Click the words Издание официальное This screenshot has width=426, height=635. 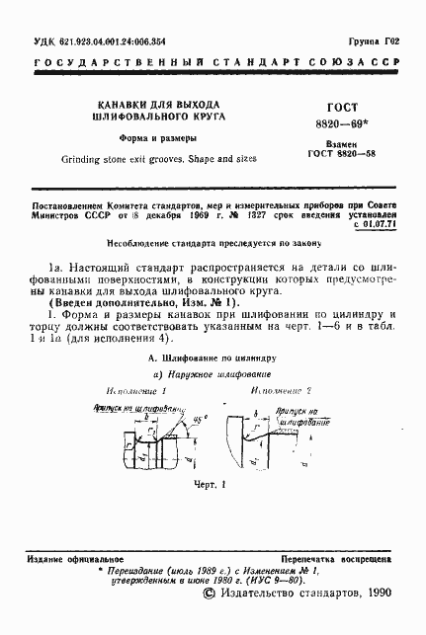pos(61,558)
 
